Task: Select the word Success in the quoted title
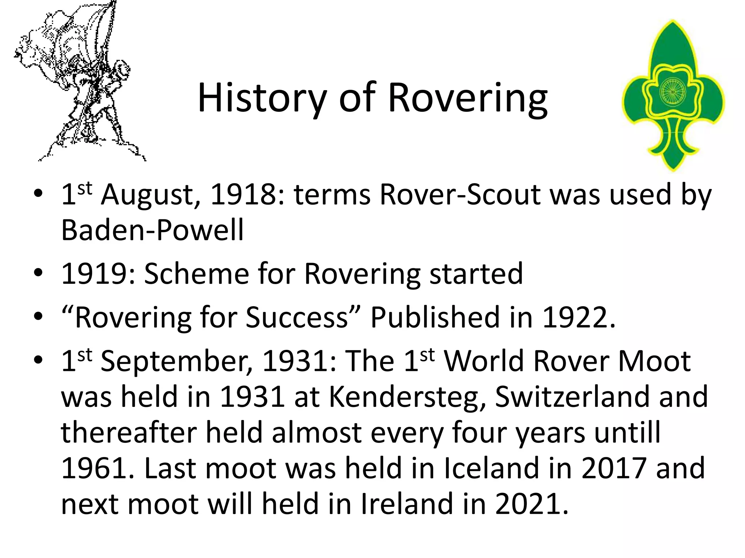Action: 296,318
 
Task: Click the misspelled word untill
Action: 627,432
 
